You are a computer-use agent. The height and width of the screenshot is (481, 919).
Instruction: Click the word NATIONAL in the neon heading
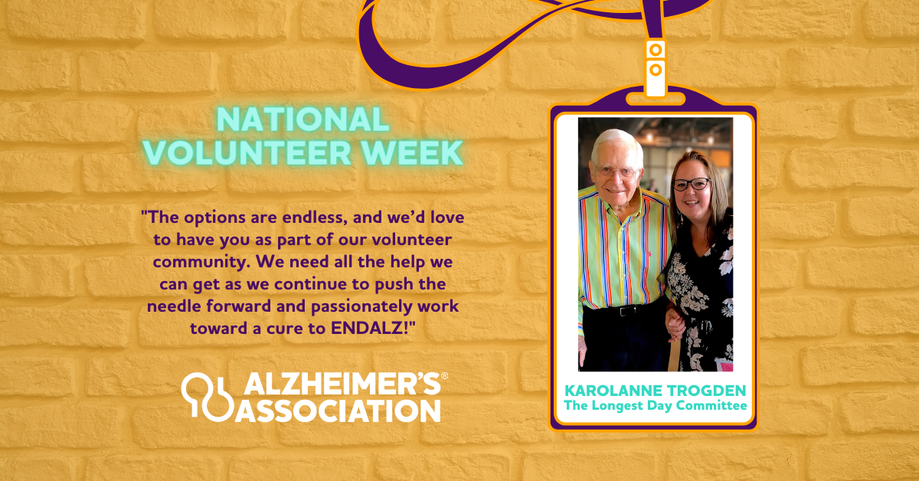[303, 119]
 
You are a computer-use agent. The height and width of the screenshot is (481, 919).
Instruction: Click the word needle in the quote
[180, 306]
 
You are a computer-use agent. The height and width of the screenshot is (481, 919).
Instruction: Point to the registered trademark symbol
[444, 376]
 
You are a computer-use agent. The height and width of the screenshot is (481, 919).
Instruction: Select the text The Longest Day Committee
[655, 405]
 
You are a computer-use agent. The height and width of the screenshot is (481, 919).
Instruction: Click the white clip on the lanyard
[655, 69]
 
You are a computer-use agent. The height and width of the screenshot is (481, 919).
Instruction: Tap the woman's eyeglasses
[692, 185]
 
